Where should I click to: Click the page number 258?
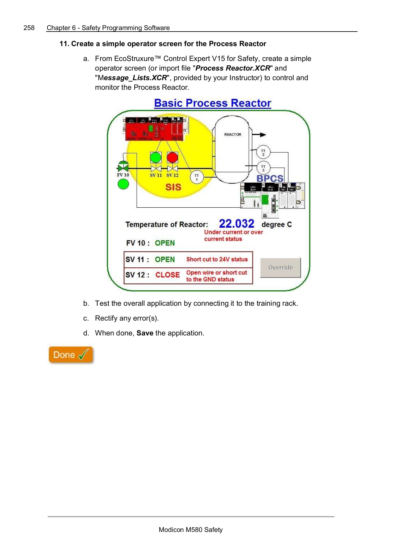tap(29, 28)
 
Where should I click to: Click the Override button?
tap(280, 267)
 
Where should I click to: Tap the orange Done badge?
tap(71, 355)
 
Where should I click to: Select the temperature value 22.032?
tap(236, 223)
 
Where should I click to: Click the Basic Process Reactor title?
tap(213, 103)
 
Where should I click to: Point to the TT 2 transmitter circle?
tap(263, 152)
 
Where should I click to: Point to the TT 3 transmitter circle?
tap(263, 168)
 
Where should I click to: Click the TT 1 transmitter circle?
tap(197, 177)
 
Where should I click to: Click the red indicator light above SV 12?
tap(172, 158)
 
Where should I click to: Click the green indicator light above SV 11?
tap(156, 158)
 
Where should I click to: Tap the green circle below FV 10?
tap(123, 184)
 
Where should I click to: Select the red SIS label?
tap(173, 187)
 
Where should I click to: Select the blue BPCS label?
tap(270, 179)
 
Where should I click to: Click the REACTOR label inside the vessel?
tap(232, 135)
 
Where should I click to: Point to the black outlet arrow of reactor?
tap(260, 135)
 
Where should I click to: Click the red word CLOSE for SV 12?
tap(167, 275)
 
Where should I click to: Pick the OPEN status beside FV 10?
tap(165, 243)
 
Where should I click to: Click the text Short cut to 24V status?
tap(217, 259)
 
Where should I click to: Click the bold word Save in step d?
tap(145, 333)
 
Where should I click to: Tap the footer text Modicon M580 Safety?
tap(191, 529)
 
